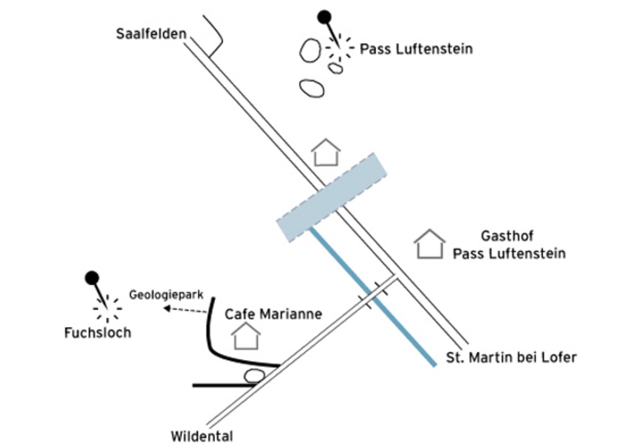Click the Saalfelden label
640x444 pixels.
151,34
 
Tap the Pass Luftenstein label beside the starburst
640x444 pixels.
416,49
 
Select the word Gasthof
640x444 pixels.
507,236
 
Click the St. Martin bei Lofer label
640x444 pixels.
511,357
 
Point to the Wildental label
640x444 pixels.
202,436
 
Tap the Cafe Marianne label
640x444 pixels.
273,314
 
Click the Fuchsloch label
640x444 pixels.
98,333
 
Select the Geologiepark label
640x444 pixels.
166,295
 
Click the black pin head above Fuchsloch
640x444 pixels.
92,277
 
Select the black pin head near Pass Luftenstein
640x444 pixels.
324,17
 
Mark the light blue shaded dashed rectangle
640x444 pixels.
331,198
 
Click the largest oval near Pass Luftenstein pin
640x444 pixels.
310,50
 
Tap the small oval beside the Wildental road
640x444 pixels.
254,376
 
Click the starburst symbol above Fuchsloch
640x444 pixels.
107,308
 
